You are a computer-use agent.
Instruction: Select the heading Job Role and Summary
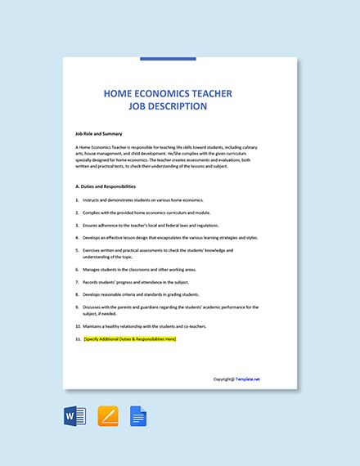click(x=98, y=132)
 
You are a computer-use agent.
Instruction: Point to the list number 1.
click(x=77, y=199)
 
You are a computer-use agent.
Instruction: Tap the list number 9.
click(x=77, y=307)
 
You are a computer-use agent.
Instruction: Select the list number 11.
click(x=78, y=338)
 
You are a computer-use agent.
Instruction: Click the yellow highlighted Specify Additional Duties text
click(x=130, y=338)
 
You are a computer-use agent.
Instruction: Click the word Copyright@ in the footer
click(x=223, y=379)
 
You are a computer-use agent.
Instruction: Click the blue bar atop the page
click(x=168, y=59)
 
